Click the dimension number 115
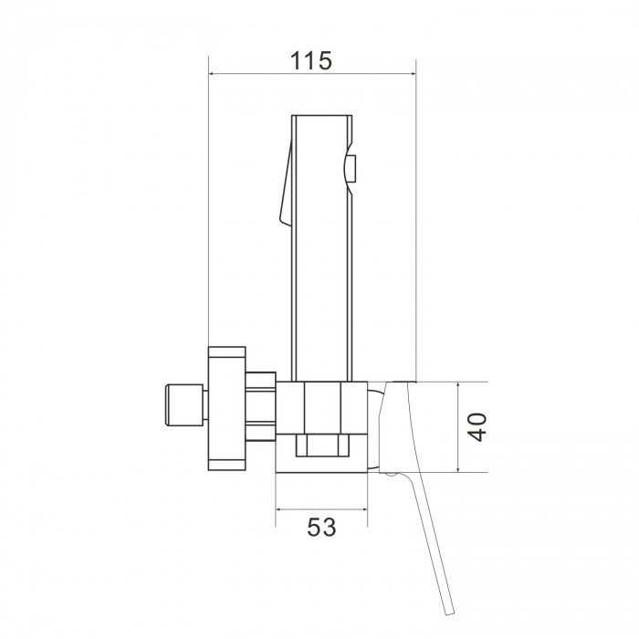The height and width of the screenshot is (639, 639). coord(311,61)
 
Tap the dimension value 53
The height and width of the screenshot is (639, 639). coord(321,528)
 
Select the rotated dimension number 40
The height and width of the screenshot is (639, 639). coord(477,427)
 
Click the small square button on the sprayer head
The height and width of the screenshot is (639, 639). coord(351,168)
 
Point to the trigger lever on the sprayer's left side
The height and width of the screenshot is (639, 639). coord(286,183)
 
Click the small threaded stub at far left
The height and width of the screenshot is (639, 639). coord(184,405)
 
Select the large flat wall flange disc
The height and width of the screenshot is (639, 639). coord(227,408)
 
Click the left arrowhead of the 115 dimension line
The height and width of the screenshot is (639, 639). coord(212,74)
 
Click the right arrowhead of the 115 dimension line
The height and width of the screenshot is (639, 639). coord(413,74)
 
